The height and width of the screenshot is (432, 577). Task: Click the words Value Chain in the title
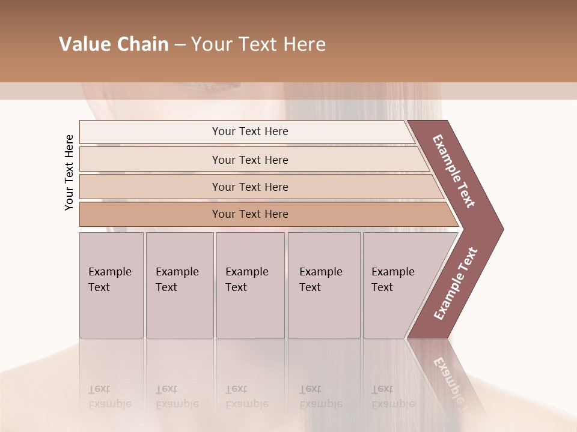pos(114,44)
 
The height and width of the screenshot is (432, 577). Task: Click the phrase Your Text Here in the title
pos(258,44)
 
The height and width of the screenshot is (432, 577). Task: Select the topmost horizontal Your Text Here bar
pos(250,131)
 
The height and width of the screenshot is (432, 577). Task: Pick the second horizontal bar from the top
pos(250,160)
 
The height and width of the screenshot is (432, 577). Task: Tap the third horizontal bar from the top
pos(250,187)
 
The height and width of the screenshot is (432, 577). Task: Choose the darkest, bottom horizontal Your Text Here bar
pos(250,214)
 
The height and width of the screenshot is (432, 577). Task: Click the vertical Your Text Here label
pos(70,172)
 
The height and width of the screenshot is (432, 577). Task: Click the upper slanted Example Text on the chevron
pos(454,172)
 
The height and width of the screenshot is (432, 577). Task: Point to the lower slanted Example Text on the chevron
pos(455,283)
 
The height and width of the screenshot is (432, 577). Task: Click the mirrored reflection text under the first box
pos(110,396)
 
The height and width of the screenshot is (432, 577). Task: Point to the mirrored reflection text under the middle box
pos(247,396)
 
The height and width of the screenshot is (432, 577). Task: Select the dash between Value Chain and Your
pos(180,45)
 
